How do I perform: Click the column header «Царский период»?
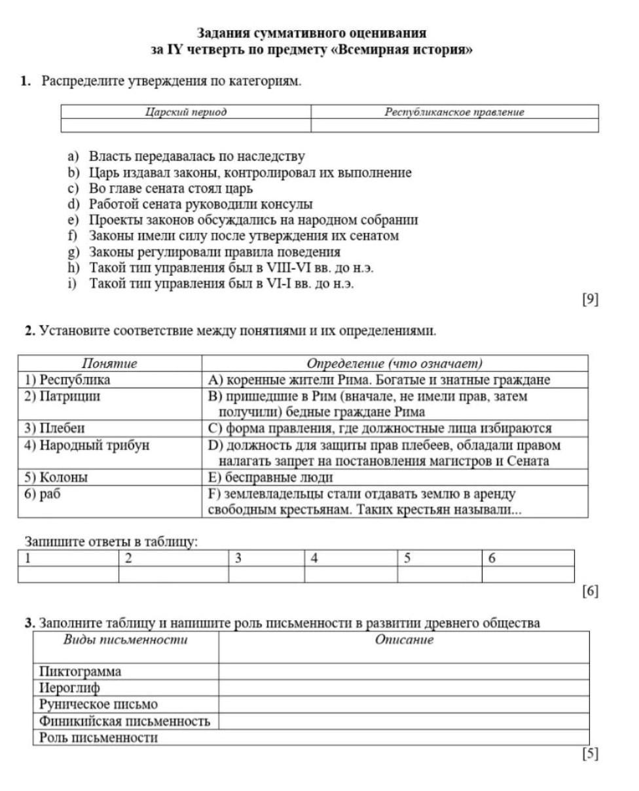tap(185, 112)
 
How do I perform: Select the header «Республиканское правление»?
tap(454, 112)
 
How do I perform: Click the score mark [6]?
tap(590, 591)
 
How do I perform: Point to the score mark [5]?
tap(590, 754)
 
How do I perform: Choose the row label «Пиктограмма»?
tap(81, 671)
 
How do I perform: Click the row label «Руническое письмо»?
tap(98, 705)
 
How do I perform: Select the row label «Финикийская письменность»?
tap(124, 721)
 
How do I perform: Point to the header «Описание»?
tap(404, 640)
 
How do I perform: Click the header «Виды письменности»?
tap(125, 640)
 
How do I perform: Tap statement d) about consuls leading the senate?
tap(200, 204)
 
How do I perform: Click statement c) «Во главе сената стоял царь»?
tap(170, 189)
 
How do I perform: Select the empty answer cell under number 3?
tap(266, 574)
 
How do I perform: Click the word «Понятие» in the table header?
tap(109, 363)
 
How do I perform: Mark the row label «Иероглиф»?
tap(70, 688)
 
